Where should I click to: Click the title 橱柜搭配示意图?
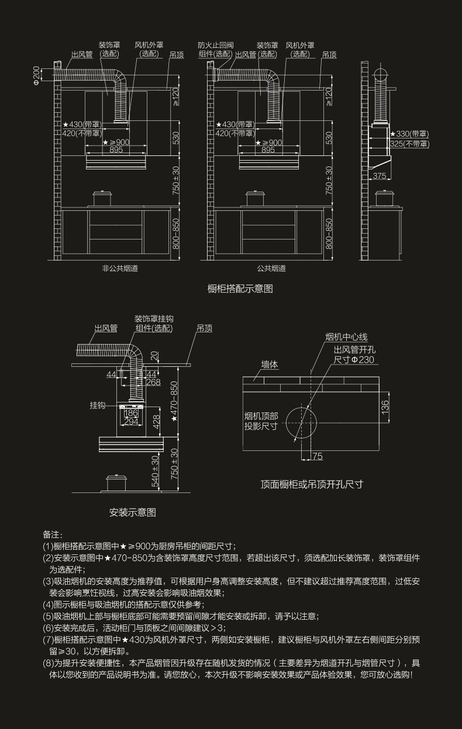(x=240, y=289)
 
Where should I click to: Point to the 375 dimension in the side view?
(x=380, y=176)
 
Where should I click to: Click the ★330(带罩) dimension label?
(x=409, y=134)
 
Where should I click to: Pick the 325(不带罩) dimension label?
(x=409, y=144)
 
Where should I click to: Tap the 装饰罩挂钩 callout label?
(x=154, y=319)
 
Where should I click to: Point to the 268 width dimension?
(x=153, y=383)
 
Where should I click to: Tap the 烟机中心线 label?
(x=346, y=338)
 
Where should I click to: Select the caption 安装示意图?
(x=133, y=513)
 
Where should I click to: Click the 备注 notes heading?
(x=53, y=534)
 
